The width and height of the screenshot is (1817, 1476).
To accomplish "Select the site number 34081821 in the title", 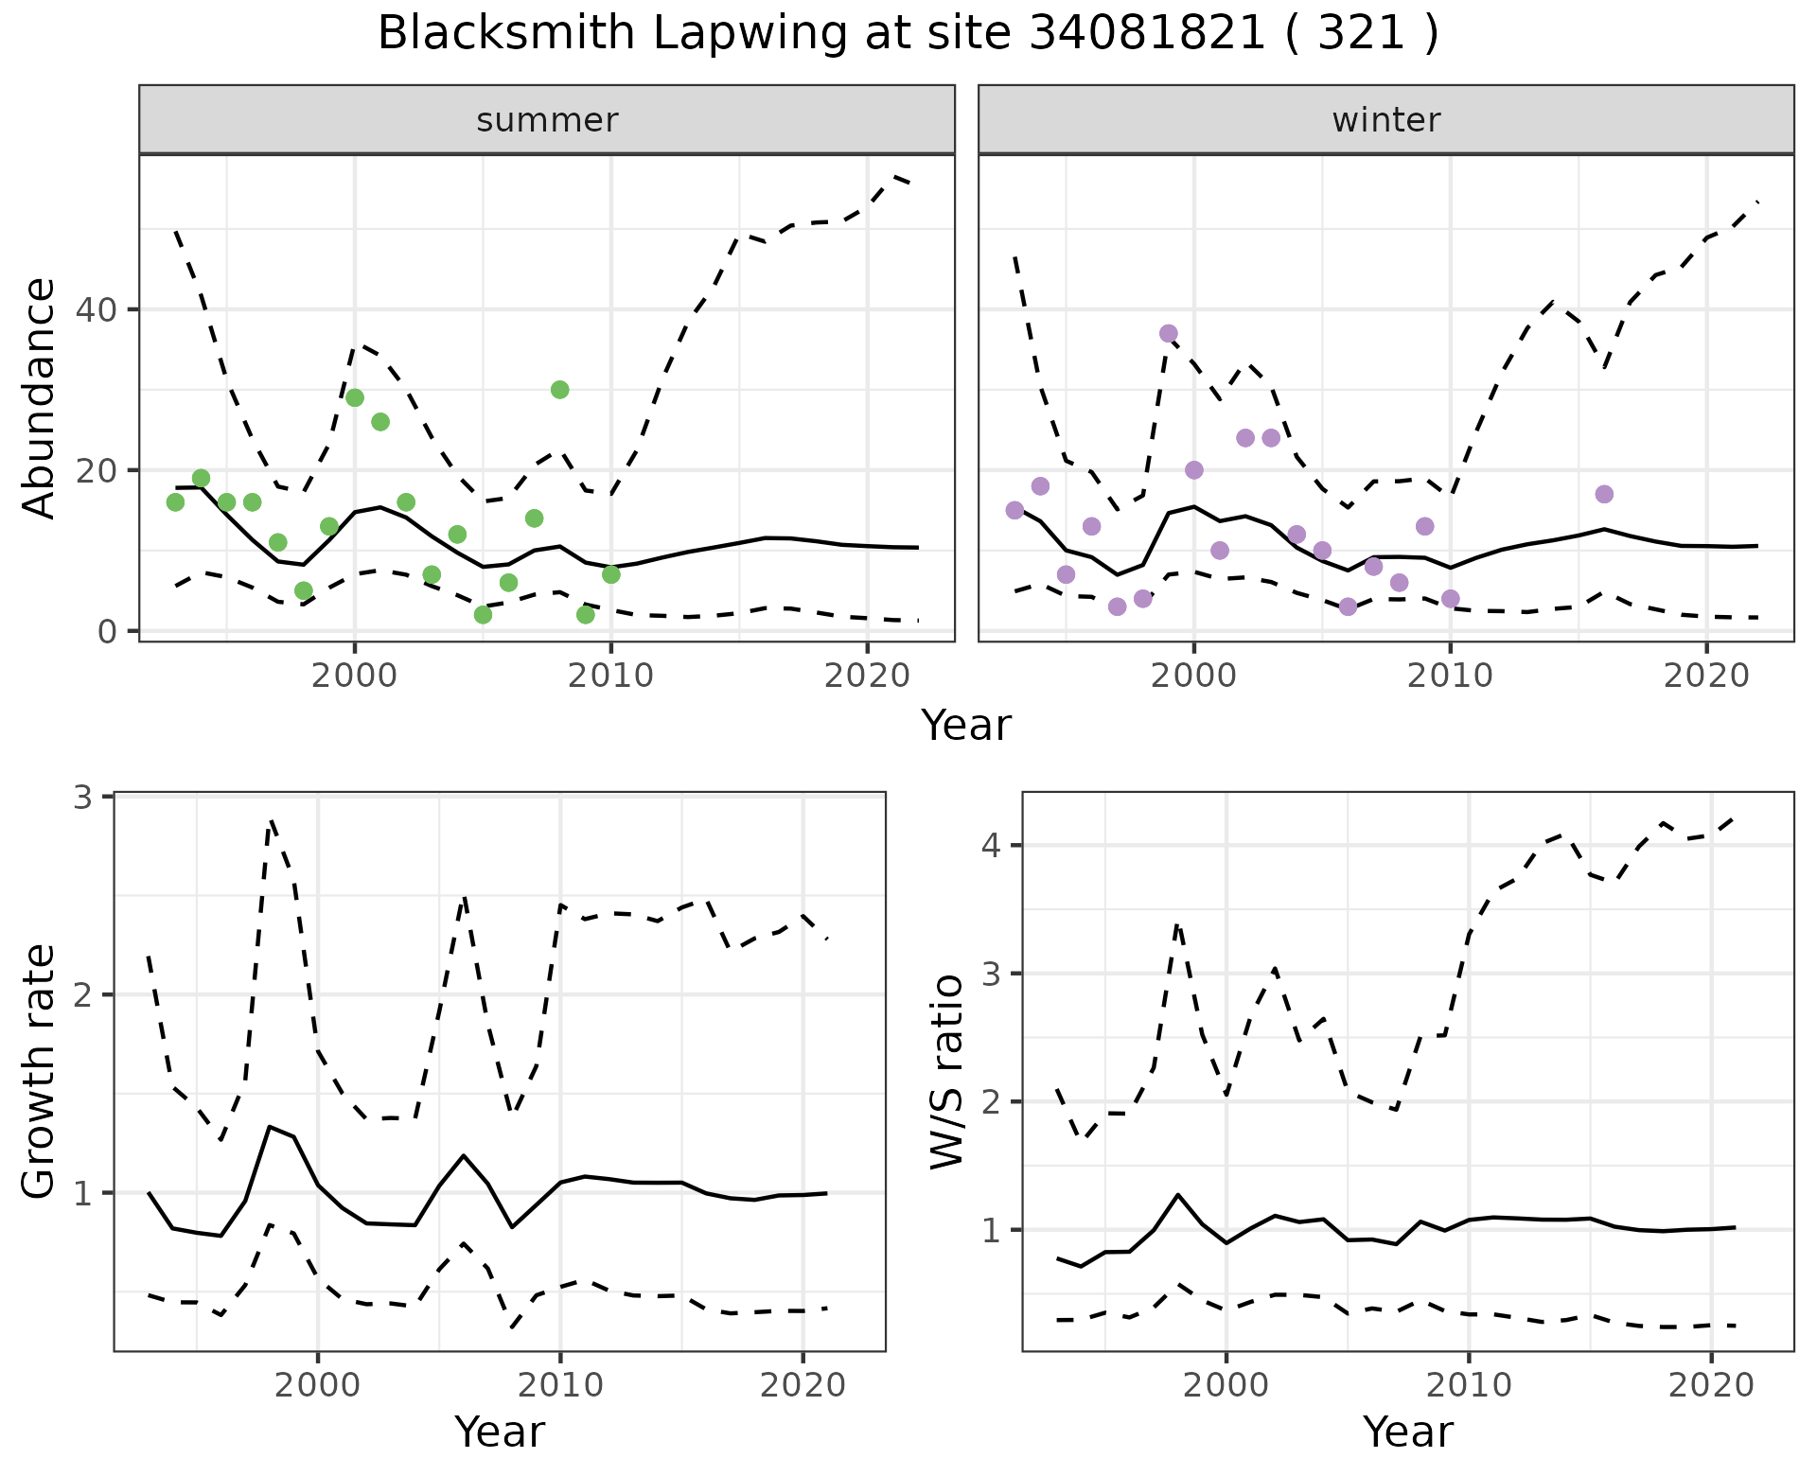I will (x=1146, y=34).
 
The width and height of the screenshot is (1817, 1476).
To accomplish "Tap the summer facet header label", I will (x=547, y=120).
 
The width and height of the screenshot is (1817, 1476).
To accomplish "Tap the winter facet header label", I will (x=1385, y=120).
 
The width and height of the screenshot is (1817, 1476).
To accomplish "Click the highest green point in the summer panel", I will (x=559, y=390).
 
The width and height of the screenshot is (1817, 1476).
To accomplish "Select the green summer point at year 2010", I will (x=610, y=574).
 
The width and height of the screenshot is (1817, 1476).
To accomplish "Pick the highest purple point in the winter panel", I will (x=1168, y=333).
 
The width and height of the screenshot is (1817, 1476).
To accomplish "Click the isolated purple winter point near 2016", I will (x=1603, y=494).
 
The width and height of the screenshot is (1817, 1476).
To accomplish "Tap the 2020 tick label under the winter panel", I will (x=1706, y=676).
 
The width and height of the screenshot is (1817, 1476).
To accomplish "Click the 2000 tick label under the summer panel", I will (x=355, y=676).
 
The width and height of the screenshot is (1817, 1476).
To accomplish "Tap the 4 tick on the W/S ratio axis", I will (x=992, y=845).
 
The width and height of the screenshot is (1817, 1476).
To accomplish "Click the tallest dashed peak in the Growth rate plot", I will (x=272, y=821).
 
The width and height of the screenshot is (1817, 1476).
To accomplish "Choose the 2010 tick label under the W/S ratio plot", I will (x=1468, y=1386).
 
